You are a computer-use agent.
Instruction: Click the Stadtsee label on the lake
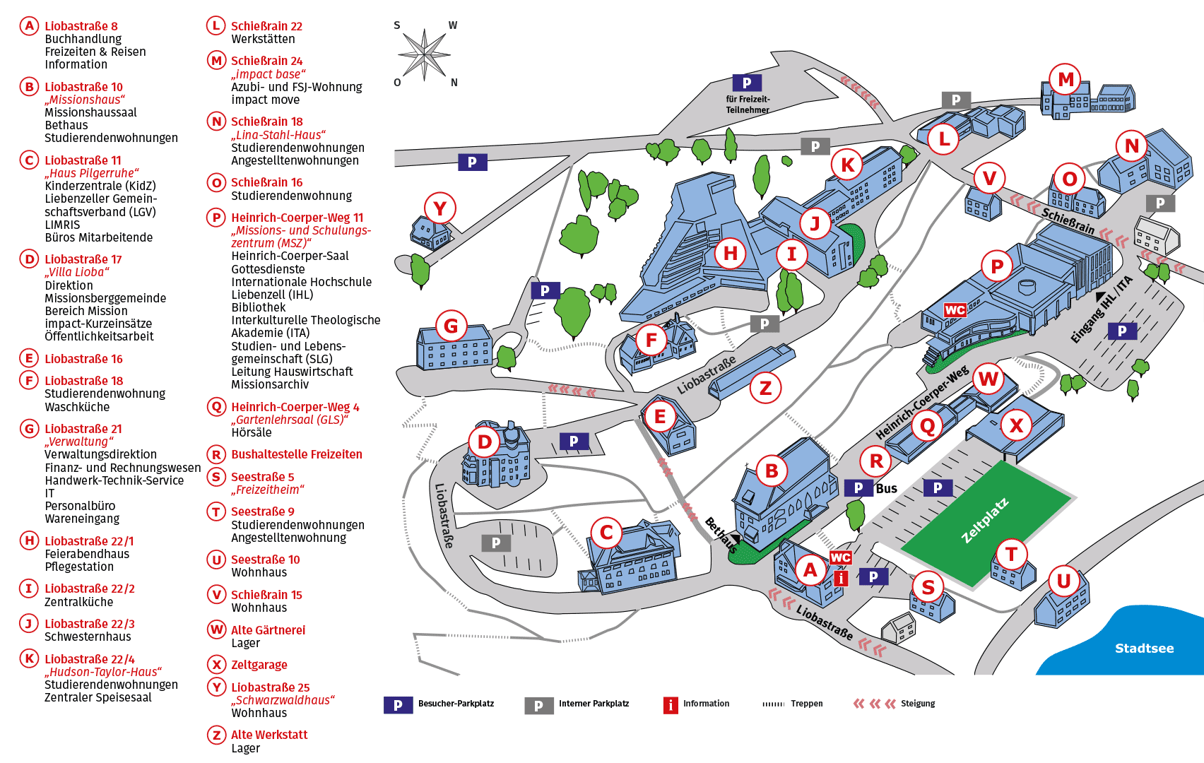click(x=1145, y=648)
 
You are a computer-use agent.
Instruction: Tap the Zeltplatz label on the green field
click(x=985, y=521)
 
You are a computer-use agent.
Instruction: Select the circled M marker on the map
click(x=1066, y=80)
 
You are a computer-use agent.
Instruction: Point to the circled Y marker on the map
click(x=439, y=208)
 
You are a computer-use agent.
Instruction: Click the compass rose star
click(x=424, y=54)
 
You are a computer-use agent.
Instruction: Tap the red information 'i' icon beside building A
click(x=841, y=578)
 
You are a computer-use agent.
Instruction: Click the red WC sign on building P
click(x=955, y=310)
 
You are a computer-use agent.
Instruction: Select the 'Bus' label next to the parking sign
click(x=886, y=488)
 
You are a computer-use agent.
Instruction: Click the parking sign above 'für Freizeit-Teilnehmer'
click(x=747, y=83)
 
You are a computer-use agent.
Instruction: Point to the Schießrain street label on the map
click(x=1068, y=221)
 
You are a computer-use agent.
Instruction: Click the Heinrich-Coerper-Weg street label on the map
click(x=922, y=401)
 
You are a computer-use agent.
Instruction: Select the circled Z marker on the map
click(x=765, y=387)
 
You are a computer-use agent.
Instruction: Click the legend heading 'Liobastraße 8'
click(x=81, y=26)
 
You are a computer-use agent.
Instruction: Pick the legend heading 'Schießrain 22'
click(x=266, y=26)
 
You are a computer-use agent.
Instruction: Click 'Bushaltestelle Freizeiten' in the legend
click(x=297, y=454)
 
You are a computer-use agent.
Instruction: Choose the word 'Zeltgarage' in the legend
click(x=259, y=666)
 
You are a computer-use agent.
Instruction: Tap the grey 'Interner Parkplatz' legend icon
click(x=539, y=706)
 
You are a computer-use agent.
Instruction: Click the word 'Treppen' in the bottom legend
click(x=807, y=704)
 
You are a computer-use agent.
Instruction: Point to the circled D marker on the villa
click(x=484, y=442)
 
